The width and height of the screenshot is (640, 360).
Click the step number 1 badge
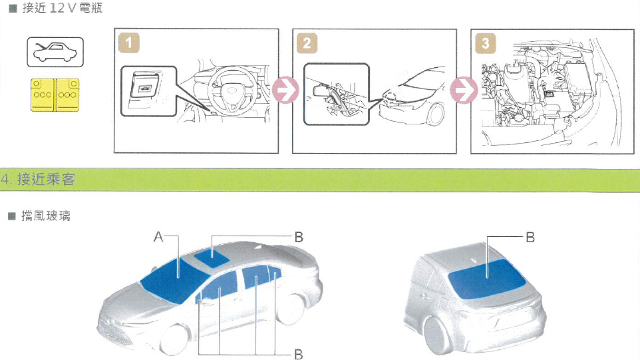(x=129, y=43)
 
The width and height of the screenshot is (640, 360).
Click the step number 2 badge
(x=307, y=43)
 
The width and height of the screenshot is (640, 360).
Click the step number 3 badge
(x=485, y=43)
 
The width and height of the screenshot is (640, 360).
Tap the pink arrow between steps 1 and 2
(x=285, y=90)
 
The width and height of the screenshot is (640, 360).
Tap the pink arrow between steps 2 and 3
(x=464, y=90)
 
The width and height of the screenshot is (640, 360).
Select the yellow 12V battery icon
(x=55, y=95)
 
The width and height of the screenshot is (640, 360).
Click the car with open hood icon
(x=55, y=52)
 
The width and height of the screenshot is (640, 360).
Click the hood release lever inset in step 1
(x=148, y=91)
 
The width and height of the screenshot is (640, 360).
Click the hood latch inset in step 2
(x=337, y=94)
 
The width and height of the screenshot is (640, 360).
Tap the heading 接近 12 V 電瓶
(x=63, y=8)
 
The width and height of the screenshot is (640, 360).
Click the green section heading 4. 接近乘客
(x=38, y=179)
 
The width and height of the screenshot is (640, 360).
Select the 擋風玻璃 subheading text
(x=46, y=216)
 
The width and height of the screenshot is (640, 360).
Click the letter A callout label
(x=158, y=237)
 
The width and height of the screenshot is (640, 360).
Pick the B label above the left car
(x=299, y=237)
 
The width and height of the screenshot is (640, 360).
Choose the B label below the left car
(x=299, y=354)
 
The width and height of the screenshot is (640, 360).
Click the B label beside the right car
(x=530, y=237)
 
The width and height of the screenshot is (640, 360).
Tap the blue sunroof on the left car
(x=212, y=258)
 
